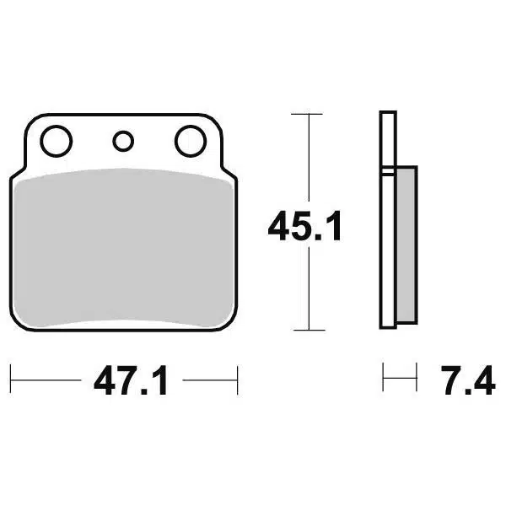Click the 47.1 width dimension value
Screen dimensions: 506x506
[131, 380]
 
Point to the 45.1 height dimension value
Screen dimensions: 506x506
[304, 225]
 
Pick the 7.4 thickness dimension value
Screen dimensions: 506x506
[468, 380]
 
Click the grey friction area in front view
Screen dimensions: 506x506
[124, 247]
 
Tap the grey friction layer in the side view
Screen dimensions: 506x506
[406, 245]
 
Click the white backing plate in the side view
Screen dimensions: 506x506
[388, 220]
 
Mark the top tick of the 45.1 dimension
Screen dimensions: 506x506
[307, 114]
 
